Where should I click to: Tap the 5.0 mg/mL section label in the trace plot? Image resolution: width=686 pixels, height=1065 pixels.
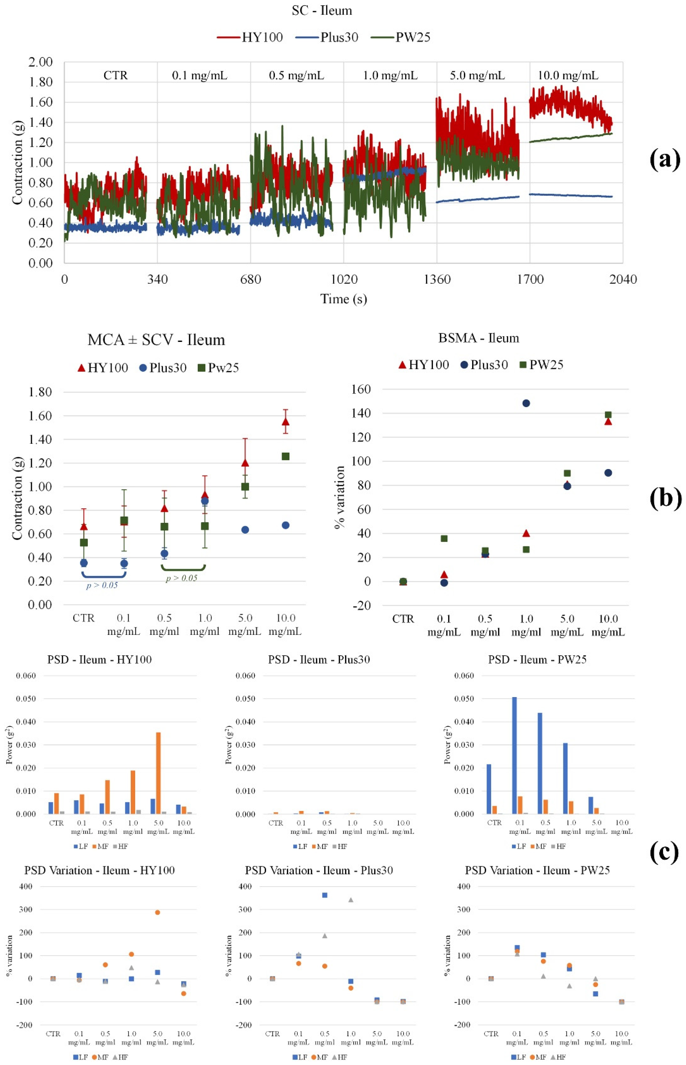477,75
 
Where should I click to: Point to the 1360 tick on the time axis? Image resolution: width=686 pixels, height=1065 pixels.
437,279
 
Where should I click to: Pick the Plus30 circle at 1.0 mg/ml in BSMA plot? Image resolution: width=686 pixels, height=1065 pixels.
526,403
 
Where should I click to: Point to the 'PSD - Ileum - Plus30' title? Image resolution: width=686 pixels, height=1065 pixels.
319,660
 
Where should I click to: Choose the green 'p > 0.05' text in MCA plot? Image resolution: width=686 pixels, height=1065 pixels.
181,578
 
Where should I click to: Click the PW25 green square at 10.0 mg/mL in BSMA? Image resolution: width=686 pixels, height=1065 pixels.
608,415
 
